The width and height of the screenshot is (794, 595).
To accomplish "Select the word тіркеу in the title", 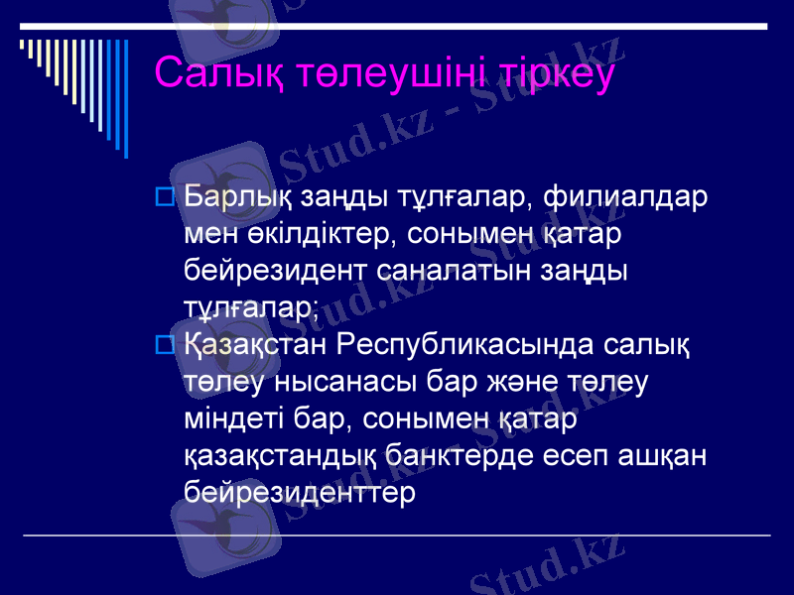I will [x=545, y=73].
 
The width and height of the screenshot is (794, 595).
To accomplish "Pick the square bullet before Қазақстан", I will [x=166, y=345].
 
